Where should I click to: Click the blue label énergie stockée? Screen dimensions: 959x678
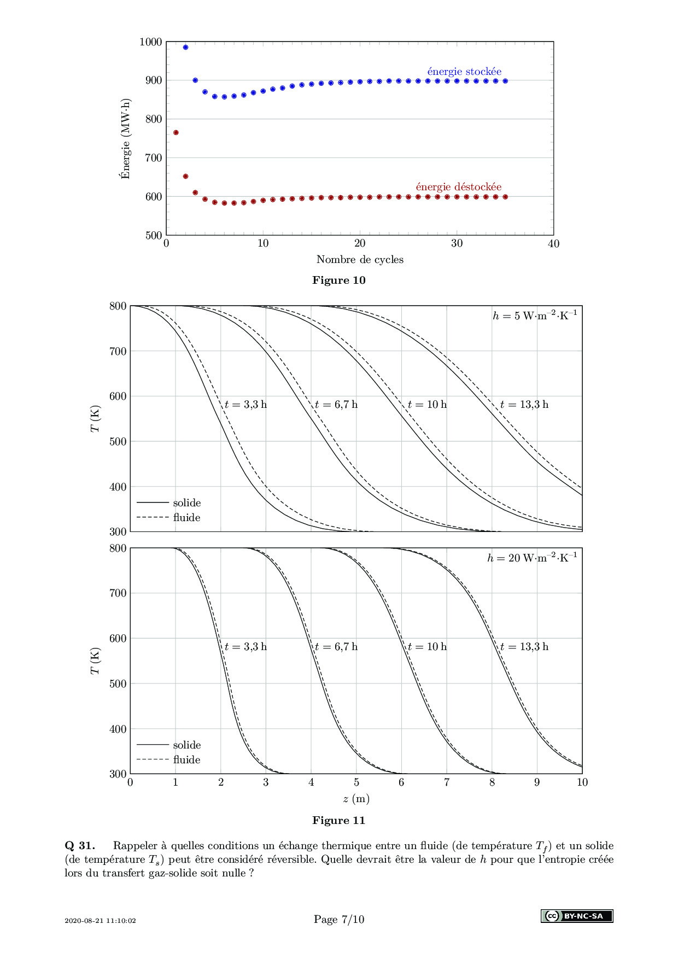point(464,72)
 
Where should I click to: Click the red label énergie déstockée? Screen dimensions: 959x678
point(458,187)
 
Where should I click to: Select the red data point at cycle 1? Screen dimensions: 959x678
point(176,132)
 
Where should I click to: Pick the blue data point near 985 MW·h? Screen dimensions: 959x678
point(185,48)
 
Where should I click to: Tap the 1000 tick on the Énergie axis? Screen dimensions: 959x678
point(151,42)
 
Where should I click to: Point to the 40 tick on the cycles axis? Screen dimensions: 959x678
point(553,244)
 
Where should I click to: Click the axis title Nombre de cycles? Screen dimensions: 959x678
point(360,260)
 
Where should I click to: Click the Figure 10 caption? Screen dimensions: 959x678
point(338,280)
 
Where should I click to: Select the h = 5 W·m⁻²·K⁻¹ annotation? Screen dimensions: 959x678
point(535,315)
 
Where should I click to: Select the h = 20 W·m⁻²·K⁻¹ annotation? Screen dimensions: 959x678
point(532,558)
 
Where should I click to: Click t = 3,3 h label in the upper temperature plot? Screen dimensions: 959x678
point(246,405)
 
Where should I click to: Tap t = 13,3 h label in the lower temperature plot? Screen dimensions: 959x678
point(524,647)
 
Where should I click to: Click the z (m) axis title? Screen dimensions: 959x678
point(356,799)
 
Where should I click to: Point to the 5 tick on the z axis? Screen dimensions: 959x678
point(356,782)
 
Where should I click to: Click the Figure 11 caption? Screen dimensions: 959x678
point(338,821)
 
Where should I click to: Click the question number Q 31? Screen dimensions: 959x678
point(80,846)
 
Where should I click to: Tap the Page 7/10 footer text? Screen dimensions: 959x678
point(339,919)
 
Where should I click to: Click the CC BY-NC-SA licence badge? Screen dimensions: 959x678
point(577,916)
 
